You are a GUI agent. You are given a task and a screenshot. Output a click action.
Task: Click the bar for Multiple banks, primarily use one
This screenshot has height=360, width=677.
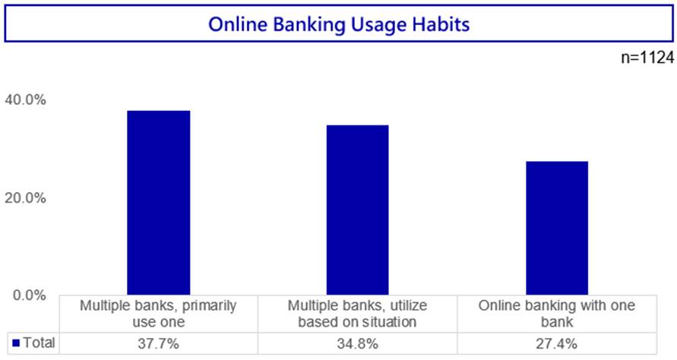click(x=159, y=203)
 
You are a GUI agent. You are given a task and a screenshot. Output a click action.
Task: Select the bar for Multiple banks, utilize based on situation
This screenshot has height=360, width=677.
click(x=358, y=210)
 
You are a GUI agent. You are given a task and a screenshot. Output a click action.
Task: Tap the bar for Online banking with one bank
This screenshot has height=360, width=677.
click(x=557, y=229)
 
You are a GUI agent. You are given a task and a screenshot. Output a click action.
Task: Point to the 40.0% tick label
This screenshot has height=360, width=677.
click(x=26, y=99)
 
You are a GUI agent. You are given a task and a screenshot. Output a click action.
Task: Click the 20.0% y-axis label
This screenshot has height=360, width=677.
click(x=26, y=197)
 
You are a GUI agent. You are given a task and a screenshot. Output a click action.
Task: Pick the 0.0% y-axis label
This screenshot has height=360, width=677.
click(x=30, y=295)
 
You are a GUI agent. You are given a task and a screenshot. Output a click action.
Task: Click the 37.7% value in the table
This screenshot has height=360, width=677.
click(x=159, y=343)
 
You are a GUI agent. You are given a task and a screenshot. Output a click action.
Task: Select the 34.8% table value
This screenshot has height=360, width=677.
click(x=358, y=343)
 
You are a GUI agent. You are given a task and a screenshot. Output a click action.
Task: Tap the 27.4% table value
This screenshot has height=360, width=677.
click(x=557, y=343)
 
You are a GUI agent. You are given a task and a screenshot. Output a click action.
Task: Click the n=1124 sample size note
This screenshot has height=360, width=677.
click(x=647, y=58)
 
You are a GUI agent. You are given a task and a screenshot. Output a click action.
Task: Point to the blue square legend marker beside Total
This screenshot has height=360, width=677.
click(x=17, y=343)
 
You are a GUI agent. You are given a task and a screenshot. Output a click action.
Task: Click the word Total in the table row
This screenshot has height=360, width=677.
click(x=39, y=343)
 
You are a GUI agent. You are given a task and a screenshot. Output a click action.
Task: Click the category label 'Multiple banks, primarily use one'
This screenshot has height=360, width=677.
click(x=159, y=314)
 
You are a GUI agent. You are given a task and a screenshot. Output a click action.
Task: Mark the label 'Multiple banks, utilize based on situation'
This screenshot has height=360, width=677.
click(x=358, y=314)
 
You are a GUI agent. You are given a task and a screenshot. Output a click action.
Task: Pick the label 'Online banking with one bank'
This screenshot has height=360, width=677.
click(x=557, y=314)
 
